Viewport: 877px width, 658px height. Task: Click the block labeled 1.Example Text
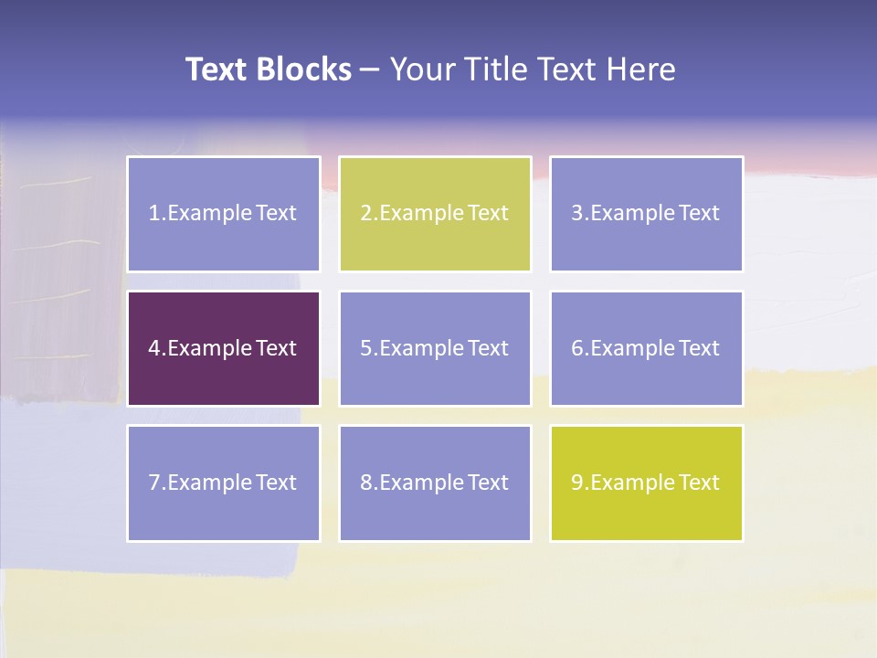[223, 214]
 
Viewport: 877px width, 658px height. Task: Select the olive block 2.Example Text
[435, 214]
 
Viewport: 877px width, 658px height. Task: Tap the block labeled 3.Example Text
[646, 214]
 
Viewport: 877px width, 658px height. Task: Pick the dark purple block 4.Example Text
[223, 348]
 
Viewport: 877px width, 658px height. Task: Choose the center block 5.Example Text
[435, 348]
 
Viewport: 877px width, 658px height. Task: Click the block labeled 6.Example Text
[646, 348]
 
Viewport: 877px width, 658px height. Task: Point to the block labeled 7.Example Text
[223, 483]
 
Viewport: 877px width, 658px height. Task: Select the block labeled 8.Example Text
[435, 483]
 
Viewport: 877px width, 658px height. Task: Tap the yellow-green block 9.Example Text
[646, 483]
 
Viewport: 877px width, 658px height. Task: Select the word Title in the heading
[496, 69]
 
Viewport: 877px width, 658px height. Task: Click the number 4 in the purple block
[154, 348]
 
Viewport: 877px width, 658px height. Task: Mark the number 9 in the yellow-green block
[577, 483]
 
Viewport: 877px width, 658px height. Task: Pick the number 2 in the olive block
[365, 214]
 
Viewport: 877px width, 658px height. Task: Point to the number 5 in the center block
[365, 348]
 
